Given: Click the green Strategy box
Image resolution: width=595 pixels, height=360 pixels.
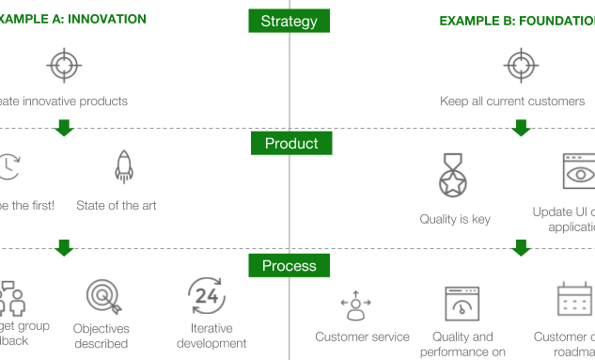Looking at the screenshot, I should click(x=289, y=21).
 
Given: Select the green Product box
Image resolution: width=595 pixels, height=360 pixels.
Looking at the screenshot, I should click(x=290, y=144).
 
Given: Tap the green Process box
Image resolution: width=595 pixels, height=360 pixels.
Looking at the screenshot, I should click(x=290, y=266).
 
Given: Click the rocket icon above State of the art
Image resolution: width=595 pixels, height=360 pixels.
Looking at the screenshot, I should click(x=123, y=166).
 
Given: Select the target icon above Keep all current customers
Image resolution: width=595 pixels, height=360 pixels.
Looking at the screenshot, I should click(x=520, y=66).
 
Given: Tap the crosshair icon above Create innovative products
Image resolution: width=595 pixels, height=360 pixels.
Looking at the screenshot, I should click(x=64, y=66).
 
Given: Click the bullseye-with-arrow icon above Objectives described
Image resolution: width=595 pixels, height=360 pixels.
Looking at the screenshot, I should click(x=102, y=297).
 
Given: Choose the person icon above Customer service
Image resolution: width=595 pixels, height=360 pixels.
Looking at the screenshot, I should click(x=355, y=304).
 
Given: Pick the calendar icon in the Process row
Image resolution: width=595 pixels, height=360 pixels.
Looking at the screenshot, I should click(x=572, y=299).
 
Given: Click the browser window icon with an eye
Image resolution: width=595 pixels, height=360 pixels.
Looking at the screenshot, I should click(x=578, y=174).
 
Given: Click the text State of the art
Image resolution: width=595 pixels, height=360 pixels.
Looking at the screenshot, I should click(x=117, y=205).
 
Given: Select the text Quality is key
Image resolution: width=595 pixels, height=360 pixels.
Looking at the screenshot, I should click(x=455, y=219).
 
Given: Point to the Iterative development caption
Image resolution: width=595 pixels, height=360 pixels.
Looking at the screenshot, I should click(x=212, y=336).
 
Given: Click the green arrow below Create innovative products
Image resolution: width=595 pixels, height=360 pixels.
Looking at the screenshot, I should click(x=64, y=128).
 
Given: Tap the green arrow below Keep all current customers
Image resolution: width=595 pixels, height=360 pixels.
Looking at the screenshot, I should click(x=521, y=128).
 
